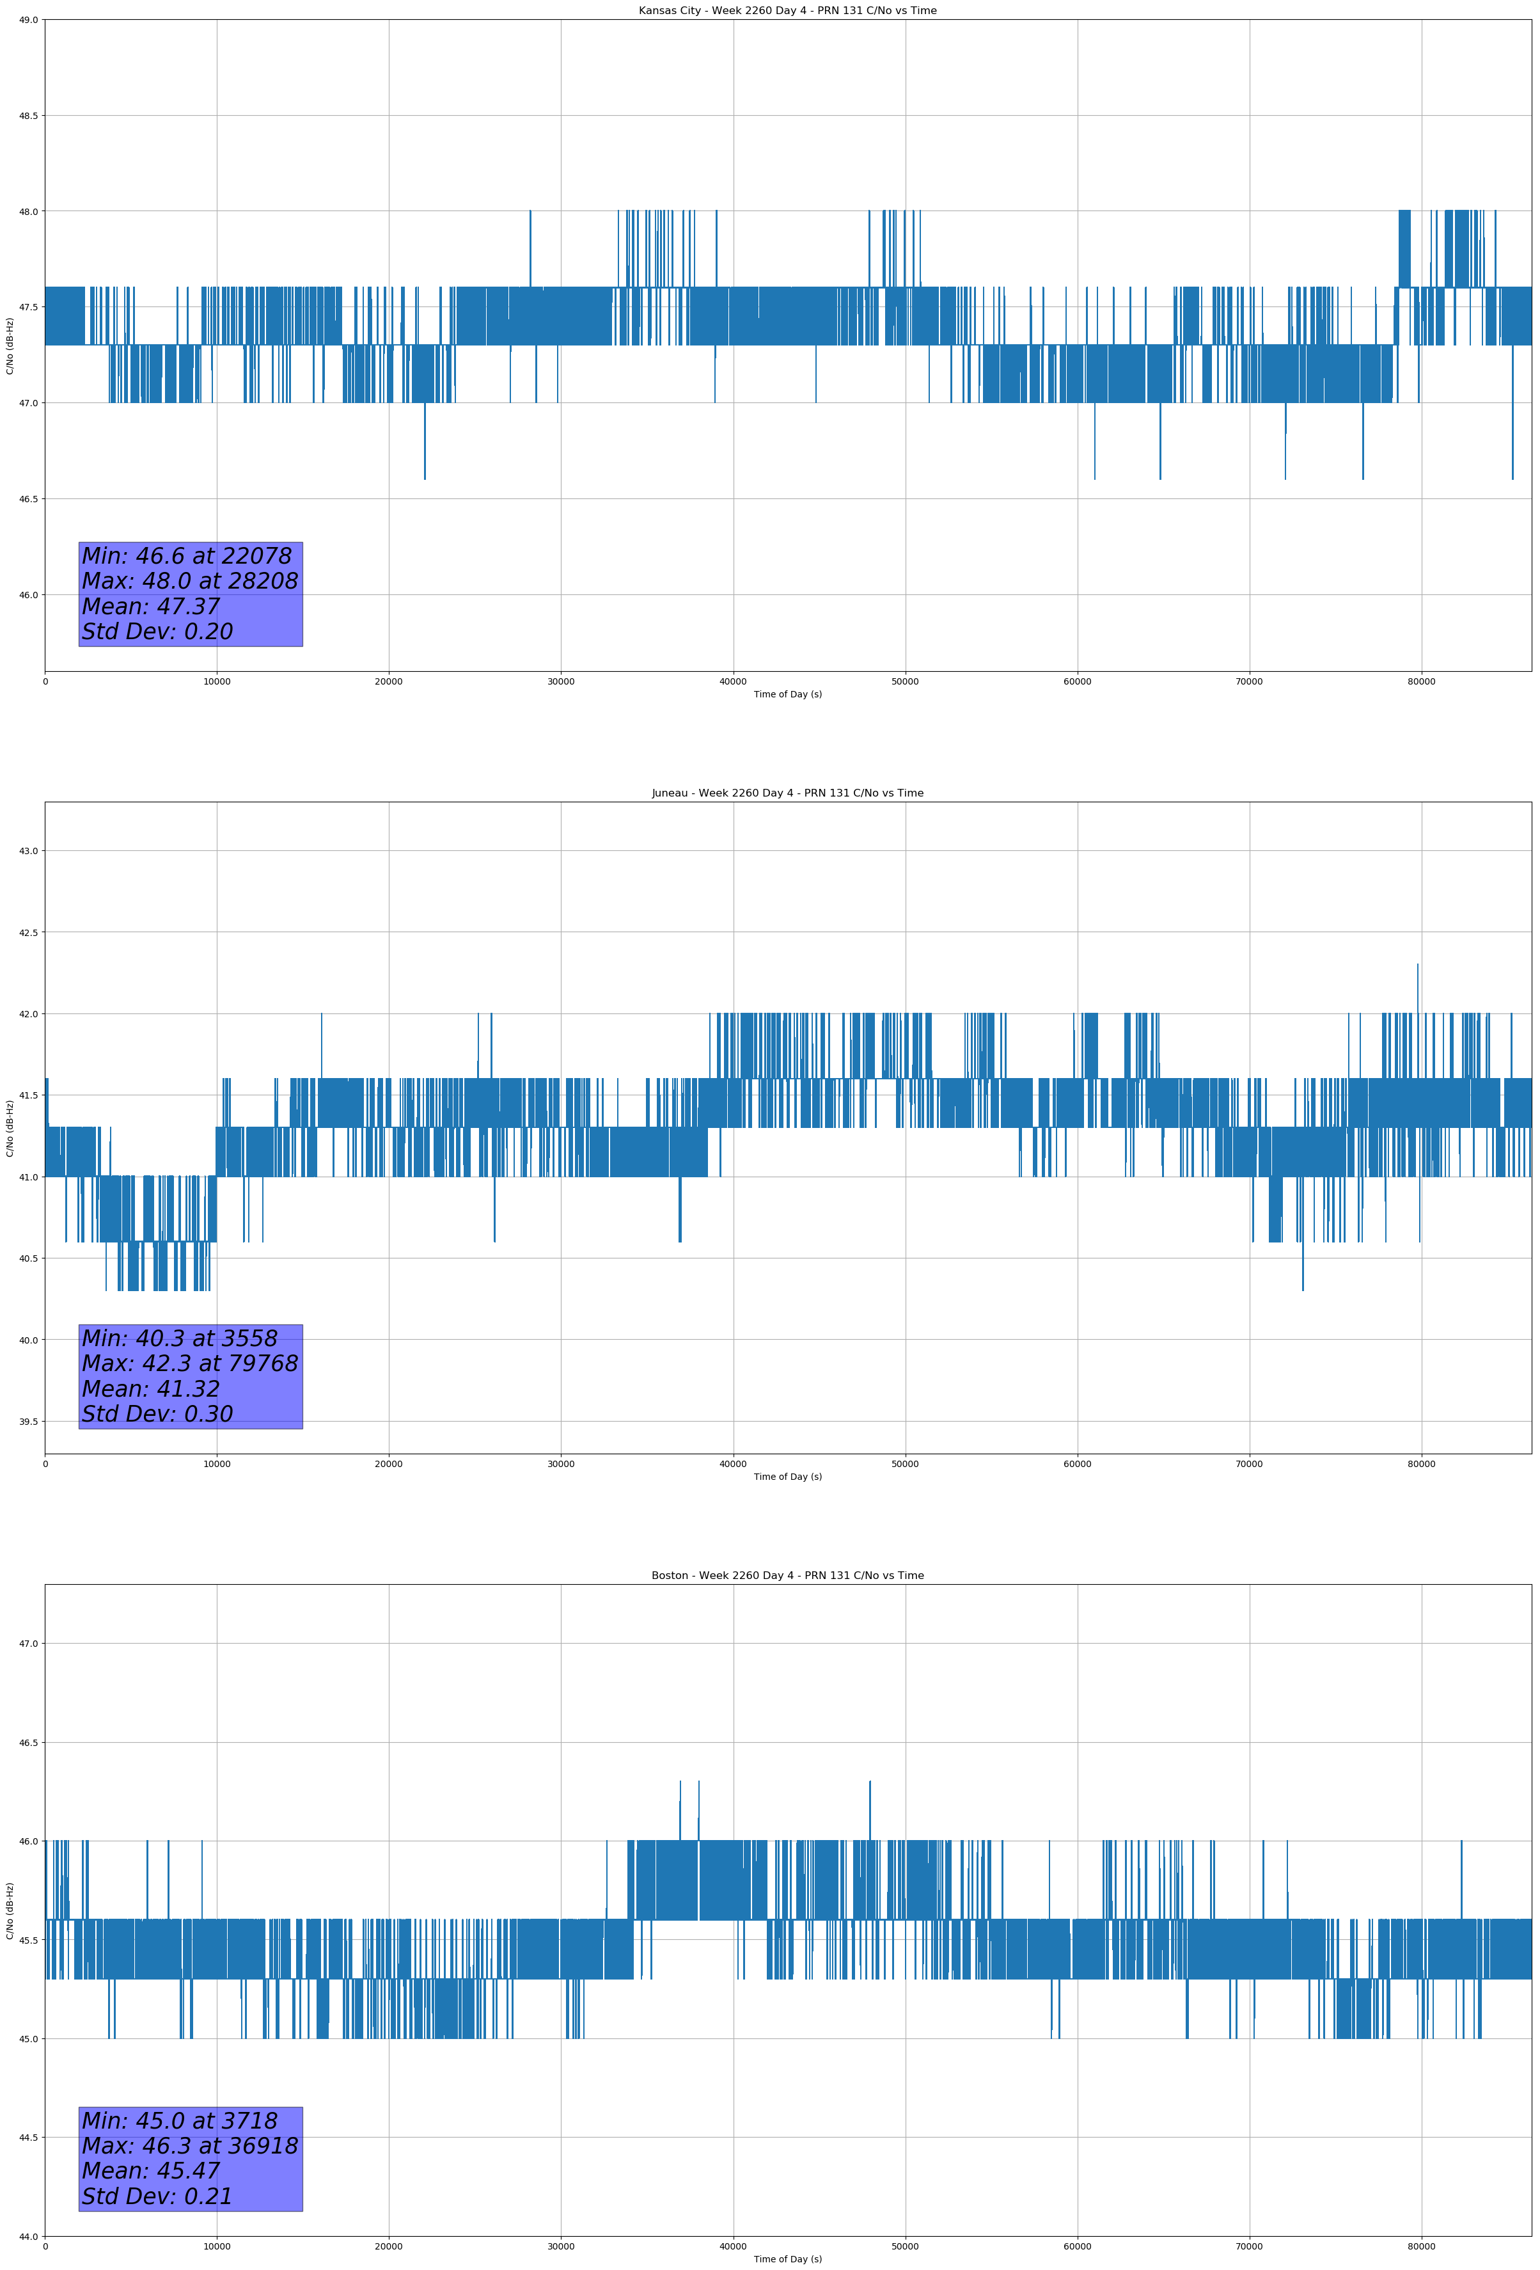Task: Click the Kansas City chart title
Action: pyautogui.click(x=787, y=11)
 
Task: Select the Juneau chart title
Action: pyautogui.click(x=787, y=793)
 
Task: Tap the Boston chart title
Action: pyautogui.click(x=787, y=1576)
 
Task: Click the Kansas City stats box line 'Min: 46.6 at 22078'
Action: pyautogui.click(x=187, y=556)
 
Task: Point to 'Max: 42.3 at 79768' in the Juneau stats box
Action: pyautogui.click(x=189, y=1363)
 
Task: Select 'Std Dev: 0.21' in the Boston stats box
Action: pyautogui.click(x=157, y=2196)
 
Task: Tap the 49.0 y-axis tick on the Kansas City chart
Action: pyautogui.click(x=27, y=20)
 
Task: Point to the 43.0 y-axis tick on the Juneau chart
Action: pyautogui.click(x=27, y=851)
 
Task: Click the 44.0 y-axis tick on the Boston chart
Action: pyautogui.click(x=27, y=2237)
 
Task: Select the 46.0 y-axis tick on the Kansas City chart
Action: pyautogui.click(x=27, y=595)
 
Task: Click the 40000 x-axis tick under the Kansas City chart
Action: pyautogui.click(x=732, y=682)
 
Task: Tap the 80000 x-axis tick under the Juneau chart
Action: pyautogui.click(x=1421, y=1464)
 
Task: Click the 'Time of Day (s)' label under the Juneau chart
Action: pyautogui.click(x=787, y=1477)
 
